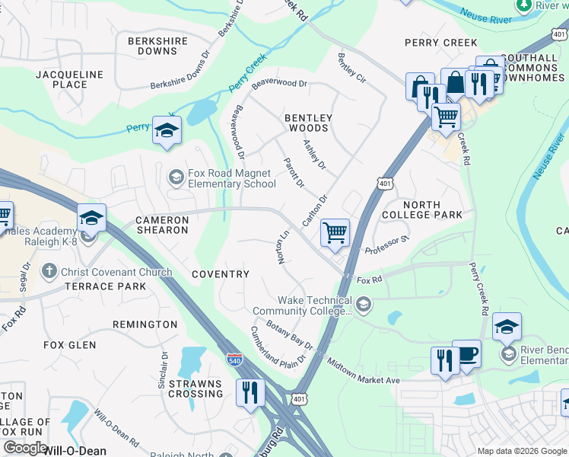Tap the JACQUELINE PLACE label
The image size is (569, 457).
(x=70, y=79)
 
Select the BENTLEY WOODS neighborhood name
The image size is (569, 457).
(x=308, y=123)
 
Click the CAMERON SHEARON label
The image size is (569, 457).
(x=161, y=225)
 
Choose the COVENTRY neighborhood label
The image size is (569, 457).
(x=221, y=274)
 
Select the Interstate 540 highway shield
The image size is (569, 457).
(x=235, y=363)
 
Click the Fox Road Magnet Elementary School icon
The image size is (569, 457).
(x=176, y=178)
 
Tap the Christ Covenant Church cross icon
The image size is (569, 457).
(x=49, y=271)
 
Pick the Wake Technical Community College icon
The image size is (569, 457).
(x=364, y=305)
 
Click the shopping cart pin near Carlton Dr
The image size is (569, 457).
(x=335, y=233)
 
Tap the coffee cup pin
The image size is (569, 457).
(x=467, y=354)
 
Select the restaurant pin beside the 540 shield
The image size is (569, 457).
(x=250, y=392)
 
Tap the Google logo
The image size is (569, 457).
(x=25, y=448)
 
